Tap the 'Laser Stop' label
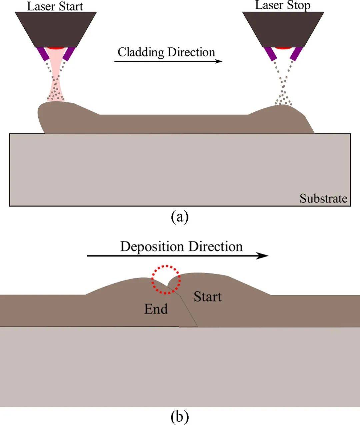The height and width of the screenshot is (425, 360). coord(283,5)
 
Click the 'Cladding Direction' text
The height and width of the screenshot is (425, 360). coord(166,52)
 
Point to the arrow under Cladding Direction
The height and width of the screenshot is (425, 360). coord(168,61)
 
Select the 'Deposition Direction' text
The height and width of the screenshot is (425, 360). coord(181,247)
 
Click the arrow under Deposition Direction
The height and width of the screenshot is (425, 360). coord(177,256)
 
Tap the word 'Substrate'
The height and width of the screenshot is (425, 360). coord(323,198)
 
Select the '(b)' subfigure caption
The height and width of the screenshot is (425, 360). coord(180,416)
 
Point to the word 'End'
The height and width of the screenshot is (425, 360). coord(156,309)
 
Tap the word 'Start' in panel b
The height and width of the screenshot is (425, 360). coord(208,297)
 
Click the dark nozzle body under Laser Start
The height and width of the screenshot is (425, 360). coord(56,29)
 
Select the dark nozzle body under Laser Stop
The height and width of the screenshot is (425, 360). coord(283,29)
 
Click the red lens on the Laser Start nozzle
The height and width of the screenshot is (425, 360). coord(56,49)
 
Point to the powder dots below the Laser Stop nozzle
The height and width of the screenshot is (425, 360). coord(283,90)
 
